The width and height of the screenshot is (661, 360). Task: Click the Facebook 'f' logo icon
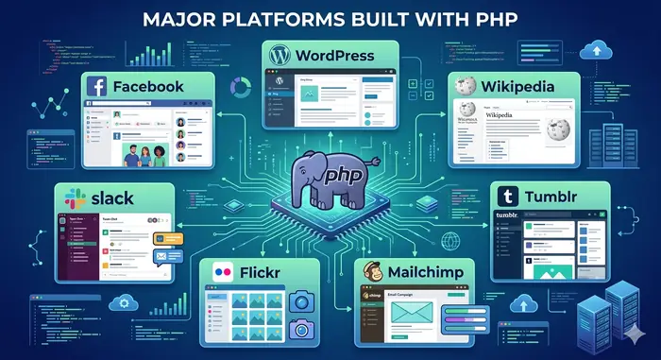point(96,87)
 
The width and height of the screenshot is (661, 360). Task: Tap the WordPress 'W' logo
point(278,55)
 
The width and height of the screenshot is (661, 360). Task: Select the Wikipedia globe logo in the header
point(464,87)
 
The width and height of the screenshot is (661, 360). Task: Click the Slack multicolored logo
point(70,199)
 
